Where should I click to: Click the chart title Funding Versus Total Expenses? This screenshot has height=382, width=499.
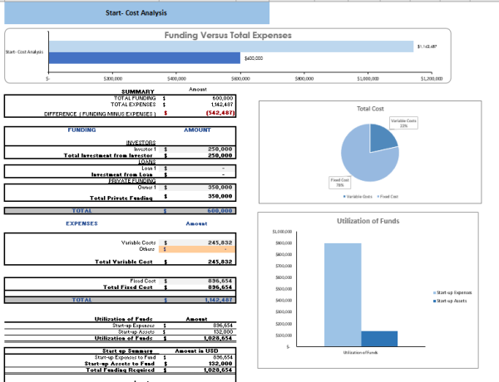(x=228, y=36)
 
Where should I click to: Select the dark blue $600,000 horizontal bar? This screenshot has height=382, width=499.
(x=144, y=58)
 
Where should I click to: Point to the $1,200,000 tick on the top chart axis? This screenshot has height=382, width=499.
(x=432, y=77)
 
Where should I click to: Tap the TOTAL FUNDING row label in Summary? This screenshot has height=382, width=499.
(x=129, y=97)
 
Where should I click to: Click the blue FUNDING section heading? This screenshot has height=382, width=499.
(x=82, y=130)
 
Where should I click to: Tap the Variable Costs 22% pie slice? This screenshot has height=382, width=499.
(x=383, y=138)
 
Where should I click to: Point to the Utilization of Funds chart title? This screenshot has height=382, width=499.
(x=368, y=221)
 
